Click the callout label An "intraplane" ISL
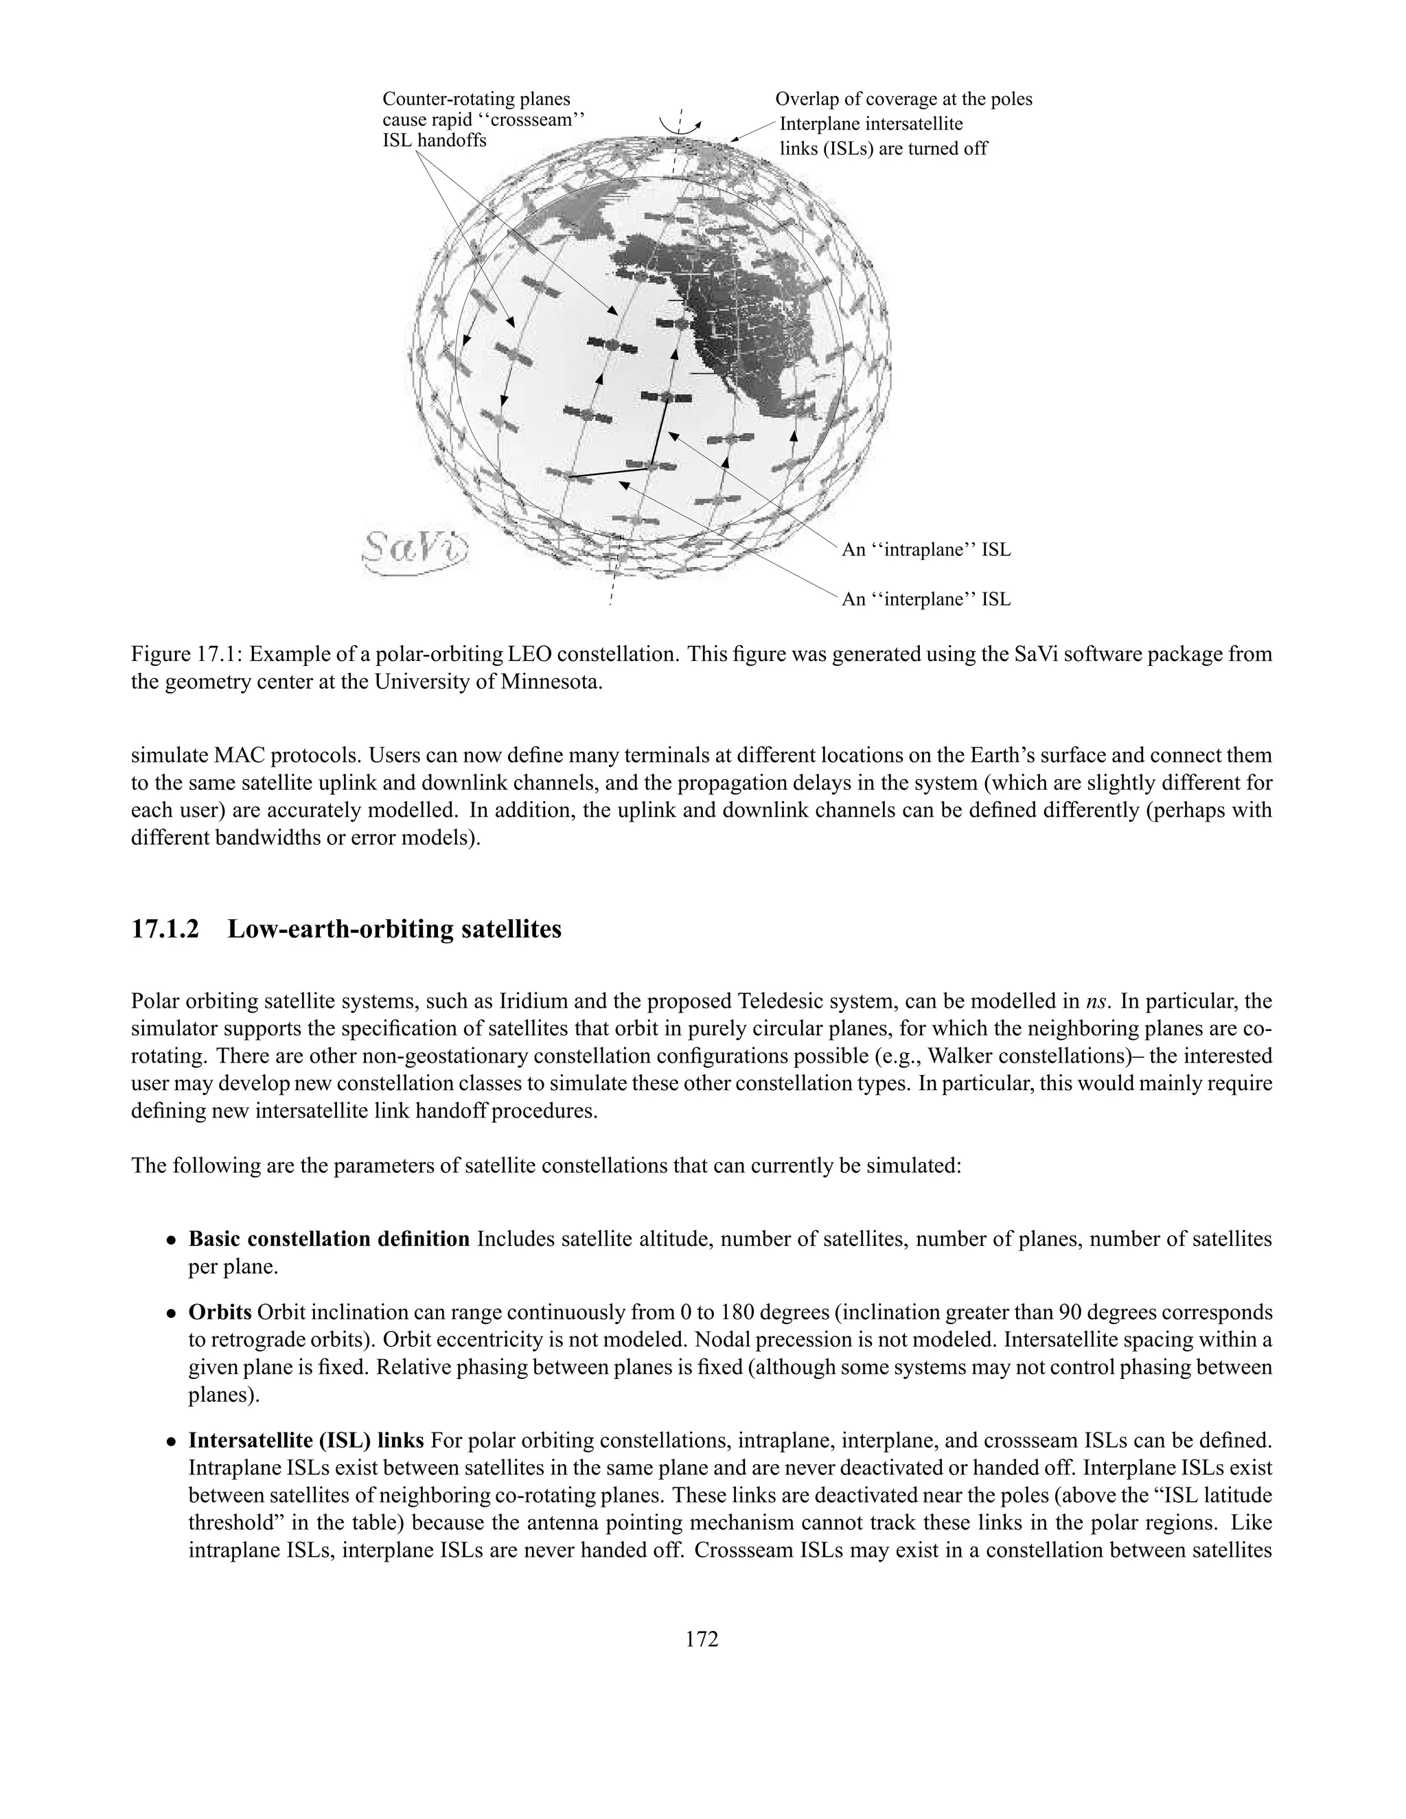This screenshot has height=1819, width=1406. point(926,550)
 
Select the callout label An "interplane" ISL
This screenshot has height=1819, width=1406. point(926,599)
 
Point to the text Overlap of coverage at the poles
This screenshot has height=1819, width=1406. point(903,99)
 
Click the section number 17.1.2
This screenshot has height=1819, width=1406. point(165,929)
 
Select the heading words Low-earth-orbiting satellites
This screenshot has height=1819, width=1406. point(394,929)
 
